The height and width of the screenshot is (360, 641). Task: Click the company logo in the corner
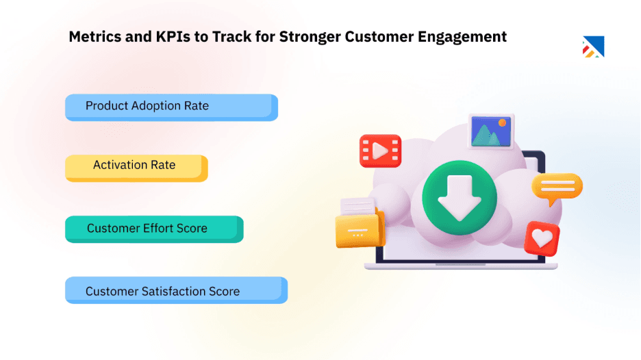click(x=593, y=46)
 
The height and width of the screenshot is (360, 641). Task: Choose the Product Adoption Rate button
click(x=171, y=107)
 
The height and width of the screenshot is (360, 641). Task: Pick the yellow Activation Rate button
click(x=136, y=166)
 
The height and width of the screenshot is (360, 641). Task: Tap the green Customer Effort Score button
click(x=153, y=229)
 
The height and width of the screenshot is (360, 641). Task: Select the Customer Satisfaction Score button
click(x=175, y=290)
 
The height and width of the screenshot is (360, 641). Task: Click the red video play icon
click(x=380, y=151)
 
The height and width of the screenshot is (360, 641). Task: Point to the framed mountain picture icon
click(x=491, y=131)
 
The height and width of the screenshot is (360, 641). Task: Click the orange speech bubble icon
click(x=557, y=188)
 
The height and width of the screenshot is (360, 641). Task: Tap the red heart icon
click(x=542, y=238)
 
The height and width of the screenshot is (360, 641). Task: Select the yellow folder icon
click(x=360, y=227)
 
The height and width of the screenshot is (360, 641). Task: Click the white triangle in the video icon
click(x=381, y=150)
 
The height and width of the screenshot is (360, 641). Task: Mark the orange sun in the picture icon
click(x=502, y=123)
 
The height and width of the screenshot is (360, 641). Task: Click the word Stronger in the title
click(x=310, y=37)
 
